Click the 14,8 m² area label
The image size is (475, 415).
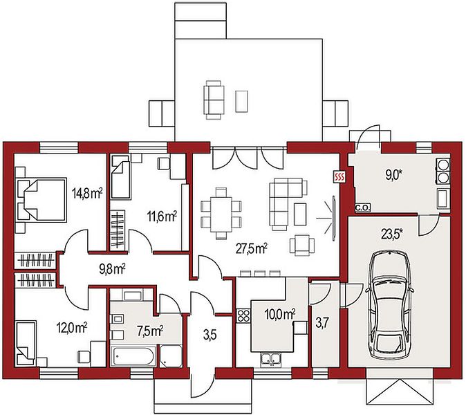click(87, 193)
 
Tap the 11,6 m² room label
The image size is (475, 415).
click(162, 216)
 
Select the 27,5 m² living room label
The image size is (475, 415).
click(252, 248)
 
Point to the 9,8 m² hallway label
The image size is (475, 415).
click(113, 269)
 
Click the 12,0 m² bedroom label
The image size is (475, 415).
click(72, 328)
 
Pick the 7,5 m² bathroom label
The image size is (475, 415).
click(151, 331)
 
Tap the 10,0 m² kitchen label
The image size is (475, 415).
click(280, 314)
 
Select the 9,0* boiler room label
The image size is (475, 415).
click(394, 175)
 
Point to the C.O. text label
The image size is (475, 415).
click(362, 208)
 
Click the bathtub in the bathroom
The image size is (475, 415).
click(133, 356)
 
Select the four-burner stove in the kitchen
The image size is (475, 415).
click(243, 315)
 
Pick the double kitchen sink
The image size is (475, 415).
click(271, 358)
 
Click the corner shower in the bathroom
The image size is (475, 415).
click(171, 356)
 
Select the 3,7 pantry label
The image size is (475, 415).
click(322, 323)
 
